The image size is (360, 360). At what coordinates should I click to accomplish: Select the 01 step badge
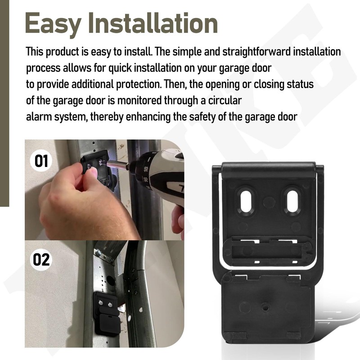point(41,161)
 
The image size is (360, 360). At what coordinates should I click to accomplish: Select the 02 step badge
point(41,260)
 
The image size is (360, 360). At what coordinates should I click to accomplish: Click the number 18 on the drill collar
point(145,169)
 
